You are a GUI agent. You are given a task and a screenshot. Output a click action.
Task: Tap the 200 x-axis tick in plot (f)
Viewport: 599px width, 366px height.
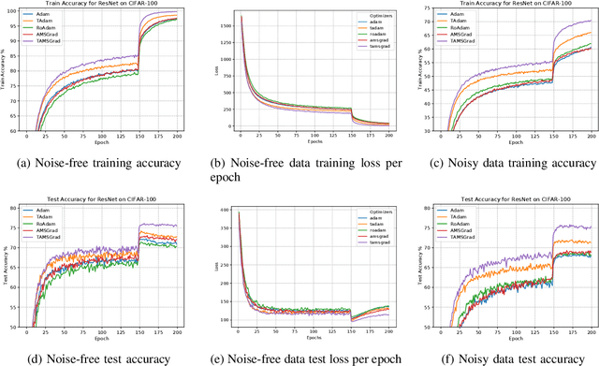point(586,332)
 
